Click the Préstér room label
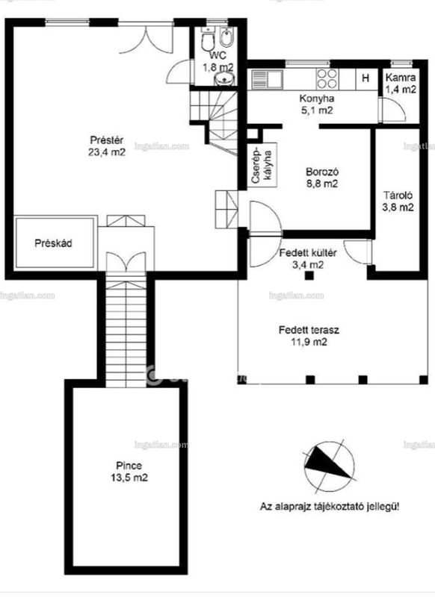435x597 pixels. (106, 140)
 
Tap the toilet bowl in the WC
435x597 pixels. (208, 41)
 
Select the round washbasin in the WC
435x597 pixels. (224, 79)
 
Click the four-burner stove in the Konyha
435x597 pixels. (327, 79)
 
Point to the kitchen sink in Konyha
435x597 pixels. (267, 79)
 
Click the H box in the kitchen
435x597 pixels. (365, 79)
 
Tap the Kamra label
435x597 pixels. (401, 78)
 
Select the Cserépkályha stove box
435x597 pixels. (262, 165)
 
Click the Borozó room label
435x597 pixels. (322, 172)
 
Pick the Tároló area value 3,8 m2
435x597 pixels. (398, 207)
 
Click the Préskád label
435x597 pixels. (53, 243)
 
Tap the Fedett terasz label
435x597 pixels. (309, 330)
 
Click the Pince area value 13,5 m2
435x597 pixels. (129, 477)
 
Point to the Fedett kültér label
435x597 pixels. (308, 253)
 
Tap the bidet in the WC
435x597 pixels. (226, 38)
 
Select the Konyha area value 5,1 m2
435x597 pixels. (316, 110)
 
